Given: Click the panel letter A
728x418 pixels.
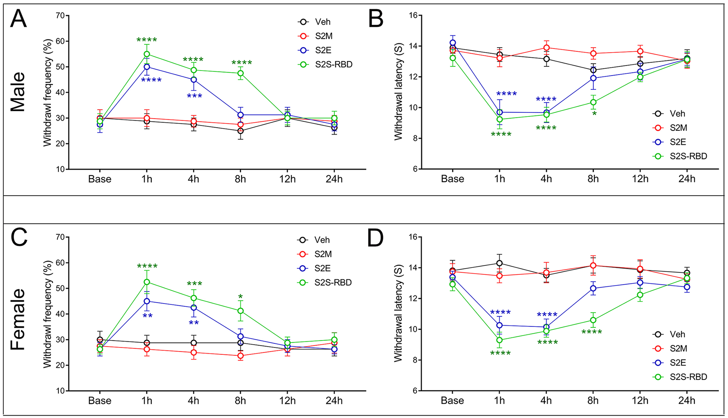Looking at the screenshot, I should pos(18,19).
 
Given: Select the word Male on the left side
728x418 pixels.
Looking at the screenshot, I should pos(18,92).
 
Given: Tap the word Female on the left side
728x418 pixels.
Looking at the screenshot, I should pos(18,319).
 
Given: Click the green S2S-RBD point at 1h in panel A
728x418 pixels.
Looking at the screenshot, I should pos(147,54).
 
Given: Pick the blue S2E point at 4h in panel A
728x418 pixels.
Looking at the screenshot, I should pos(194,80).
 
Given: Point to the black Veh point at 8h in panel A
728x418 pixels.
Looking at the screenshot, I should pos(240,131).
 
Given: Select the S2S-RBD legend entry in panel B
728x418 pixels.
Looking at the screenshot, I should pos(688,156).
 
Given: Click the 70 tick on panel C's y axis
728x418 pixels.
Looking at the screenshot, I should pos(60,237).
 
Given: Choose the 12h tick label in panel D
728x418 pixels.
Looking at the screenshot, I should pos(640,401).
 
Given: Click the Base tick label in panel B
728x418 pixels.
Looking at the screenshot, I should pos(452,179).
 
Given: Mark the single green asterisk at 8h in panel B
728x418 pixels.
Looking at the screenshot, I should pos(594,114).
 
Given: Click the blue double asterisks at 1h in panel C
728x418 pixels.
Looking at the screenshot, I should pos(147,316).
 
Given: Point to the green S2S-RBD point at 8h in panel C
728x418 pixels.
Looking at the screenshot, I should pos(240,311).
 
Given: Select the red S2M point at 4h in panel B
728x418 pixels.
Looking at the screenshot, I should pos(546,48).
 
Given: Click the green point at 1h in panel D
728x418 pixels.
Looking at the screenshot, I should pos(499,340).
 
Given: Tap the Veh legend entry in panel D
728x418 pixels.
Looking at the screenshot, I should pos(677,334).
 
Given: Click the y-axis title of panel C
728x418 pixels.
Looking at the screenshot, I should pos(48,314).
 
